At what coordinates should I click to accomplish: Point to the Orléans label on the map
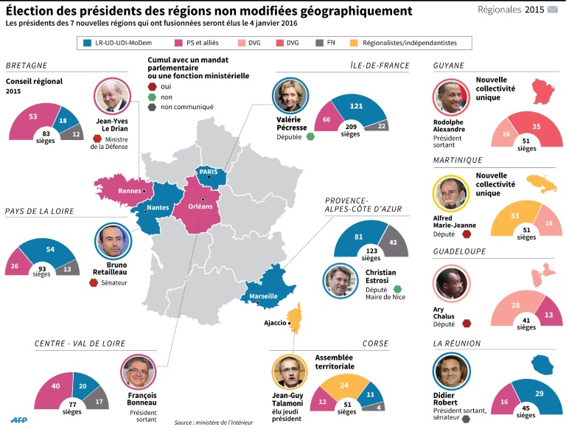[200, 206]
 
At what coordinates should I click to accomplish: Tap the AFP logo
[21, 420]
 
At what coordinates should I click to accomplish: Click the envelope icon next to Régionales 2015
[553, 10]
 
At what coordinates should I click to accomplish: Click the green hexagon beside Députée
[311, 137]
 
